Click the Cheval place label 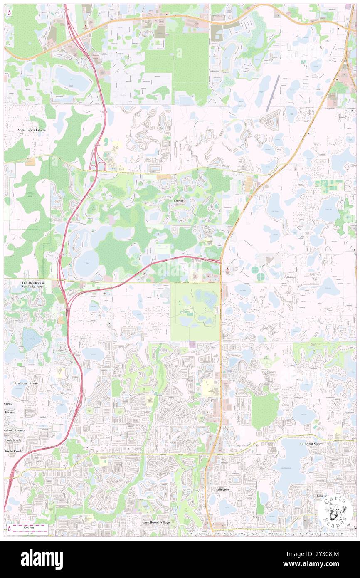178,200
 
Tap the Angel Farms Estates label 31,130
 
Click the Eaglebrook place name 13,440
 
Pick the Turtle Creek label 12,451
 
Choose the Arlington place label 222,489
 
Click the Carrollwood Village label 156,522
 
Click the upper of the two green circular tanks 255,270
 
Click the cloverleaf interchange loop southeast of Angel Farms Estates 100,167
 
